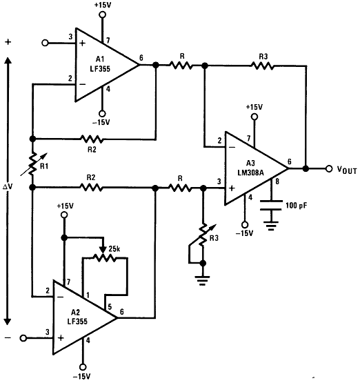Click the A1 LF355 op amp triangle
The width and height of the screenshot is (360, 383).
tap(103, 65)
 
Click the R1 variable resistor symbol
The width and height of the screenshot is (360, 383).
tap(32, 164)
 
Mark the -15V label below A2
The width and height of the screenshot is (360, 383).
tap(82, 376)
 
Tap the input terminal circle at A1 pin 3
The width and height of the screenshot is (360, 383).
tap(46, 43)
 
